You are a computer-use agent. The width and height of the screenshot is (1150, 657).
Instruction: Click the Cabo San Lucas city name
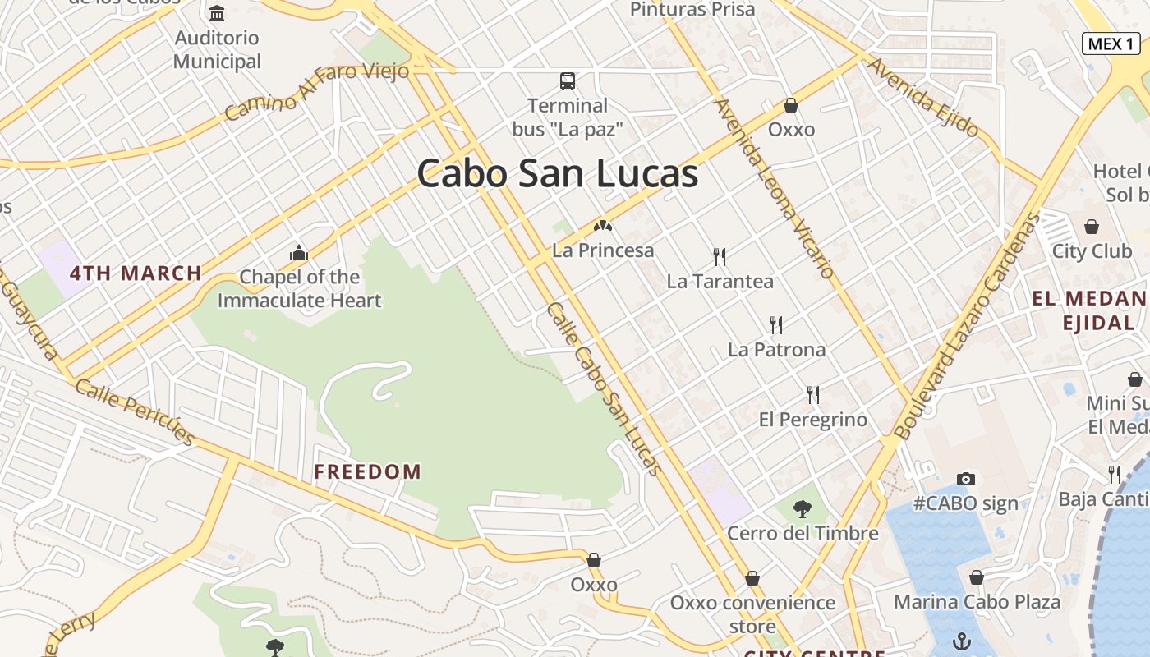point(558,174)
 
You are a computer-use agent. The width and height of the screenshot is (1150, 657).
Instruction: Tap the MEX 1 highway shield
point(1111,44)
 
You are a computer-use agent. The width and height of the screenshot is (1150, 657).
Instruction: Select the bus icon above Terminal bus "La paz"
point(568,81)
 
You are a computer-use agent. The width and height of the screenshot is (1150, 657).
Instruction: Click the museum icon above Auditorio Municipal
point(217,14)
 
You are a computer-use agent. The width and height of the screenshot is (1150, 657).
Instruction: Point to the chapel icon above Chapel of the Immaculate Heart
point(299,253)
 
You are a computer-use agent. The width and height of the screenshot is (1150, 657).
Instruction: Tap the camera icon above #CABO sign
point(966,479)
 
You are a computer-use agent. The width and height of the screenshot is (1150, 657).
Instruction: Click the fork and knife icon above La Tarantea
point(720,257)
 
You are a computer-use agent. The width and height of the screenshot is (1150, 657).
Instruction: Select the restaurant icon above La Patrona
point(776,325)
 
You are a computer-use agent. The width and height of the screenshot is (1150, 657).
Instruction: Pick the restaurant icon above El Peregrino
point(813,395)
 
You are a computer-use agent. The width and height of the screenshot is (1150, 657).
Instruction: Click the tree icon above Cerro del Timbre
point(803,509)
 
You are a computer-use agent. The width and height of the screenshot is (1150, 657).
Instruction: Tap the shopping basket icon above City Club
point(1092,227)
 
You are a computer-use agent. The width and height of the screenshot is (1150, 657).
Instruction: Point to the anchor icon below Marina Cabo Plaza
point(961,639)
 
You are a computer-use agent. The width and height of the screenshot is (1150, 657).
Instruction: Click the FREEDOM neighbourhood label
point(368,471)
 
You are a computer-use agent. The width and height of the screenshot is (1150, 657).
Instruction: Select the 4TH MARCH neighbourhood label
point(136,273)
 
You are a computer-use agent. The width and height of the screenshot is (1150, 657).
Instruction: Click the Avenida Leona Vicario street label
point(775,188)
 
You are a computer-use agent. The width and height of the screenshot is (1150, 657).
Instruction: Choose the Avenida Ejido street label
point(923,98)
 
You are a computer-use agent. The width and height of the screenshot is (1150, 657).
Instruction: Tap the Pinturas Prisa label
point(692,10)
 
